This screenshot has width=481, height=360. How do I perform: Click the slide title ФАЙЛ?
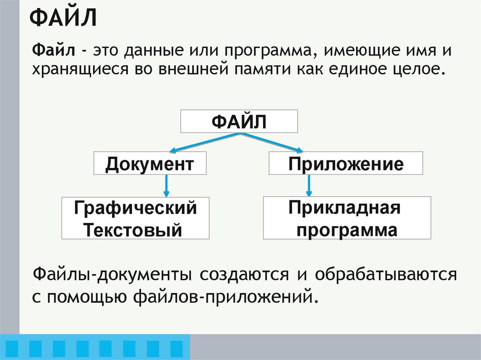(x=63, y=20)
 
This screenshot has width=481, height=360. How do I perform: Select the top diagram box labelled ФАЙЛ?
(x=239, y=122)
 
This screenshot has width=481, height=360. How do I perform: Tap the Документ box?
(x=150, y=163)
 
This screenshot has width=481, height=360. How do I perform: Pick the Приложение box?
(x=346, y=163)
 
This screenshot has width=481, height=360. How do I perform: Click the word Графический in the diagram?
(x=135, y=208)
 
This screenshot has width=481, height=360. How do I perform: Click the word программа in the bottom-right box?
(x=347, y=230)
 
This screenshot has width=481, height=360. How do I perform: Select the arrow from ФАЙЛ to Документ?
(x=204, y=143)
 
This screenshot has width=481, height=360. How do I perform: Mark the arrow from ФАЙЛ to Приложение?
(x=272, y=143)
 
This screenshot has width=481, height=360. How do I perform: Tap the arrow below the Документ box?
(x=167, y=185)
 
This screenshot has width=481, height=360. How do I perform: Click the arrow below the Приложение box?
(x=309, y=185)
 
